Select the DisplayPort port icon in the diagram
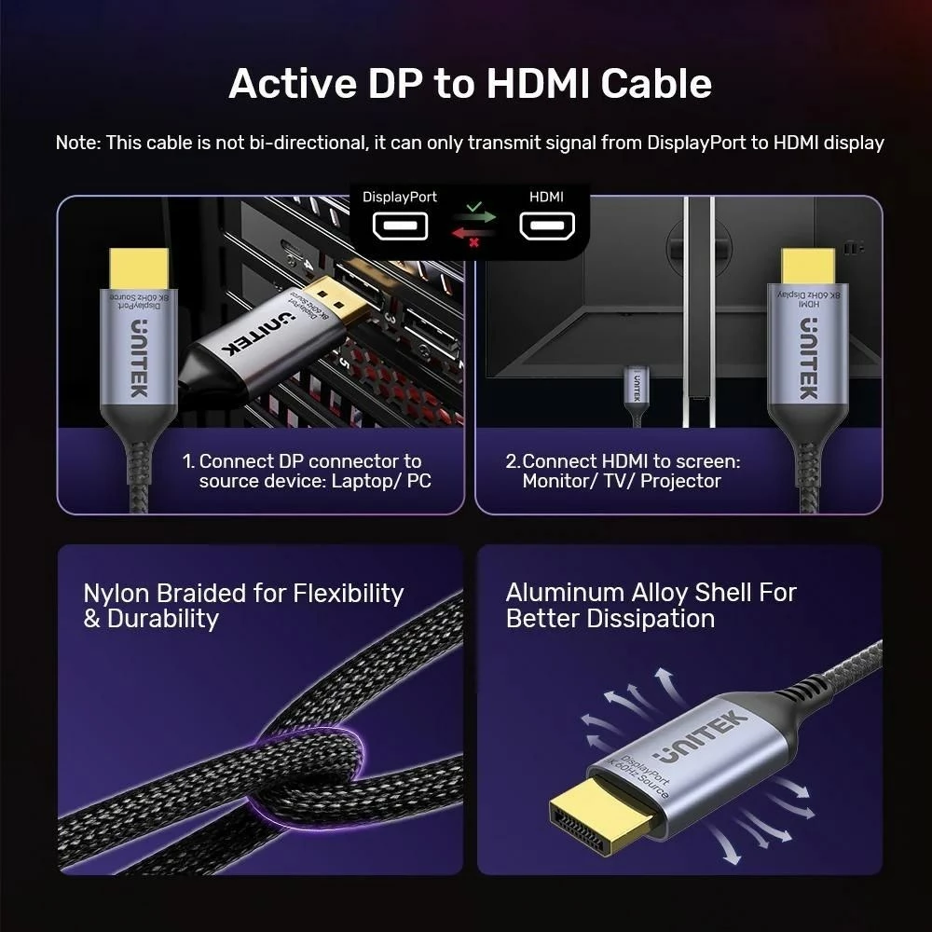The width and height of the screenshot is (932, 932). pyautogui.click(x=400, y=226)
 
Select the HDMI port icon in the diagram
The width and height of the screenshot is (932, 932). pyautogui.click(x=547, y=226)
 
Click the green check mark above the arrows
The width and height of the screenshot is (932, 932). pyautogui.click(x=474, y=206)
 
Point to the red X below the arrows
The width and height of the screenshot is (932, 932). pyautogui.click(x=474, y=242)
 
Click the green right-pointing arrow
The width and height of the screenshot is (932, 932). pyautogui.click(x=474, y=218)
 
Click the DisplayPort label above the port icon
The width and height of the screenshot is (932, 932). pyautogui.click(x=400, y=198)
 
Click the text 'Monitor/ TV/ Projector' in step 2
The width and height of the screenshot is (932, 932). pyautogui.click(x=622, y=482)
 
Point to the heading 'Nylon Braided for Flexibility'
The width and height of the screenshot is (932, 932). pyautogui.click(x=243, y=594)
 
